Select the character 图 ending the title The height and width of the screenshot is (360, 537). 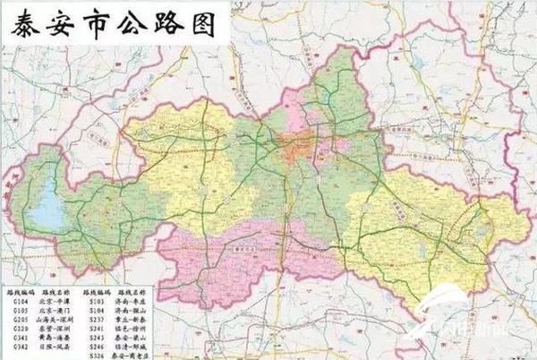205,24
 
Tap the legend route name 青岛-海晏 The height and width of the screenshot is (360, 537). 55,336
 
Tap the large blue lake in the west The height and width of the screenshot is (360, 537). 45,210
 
